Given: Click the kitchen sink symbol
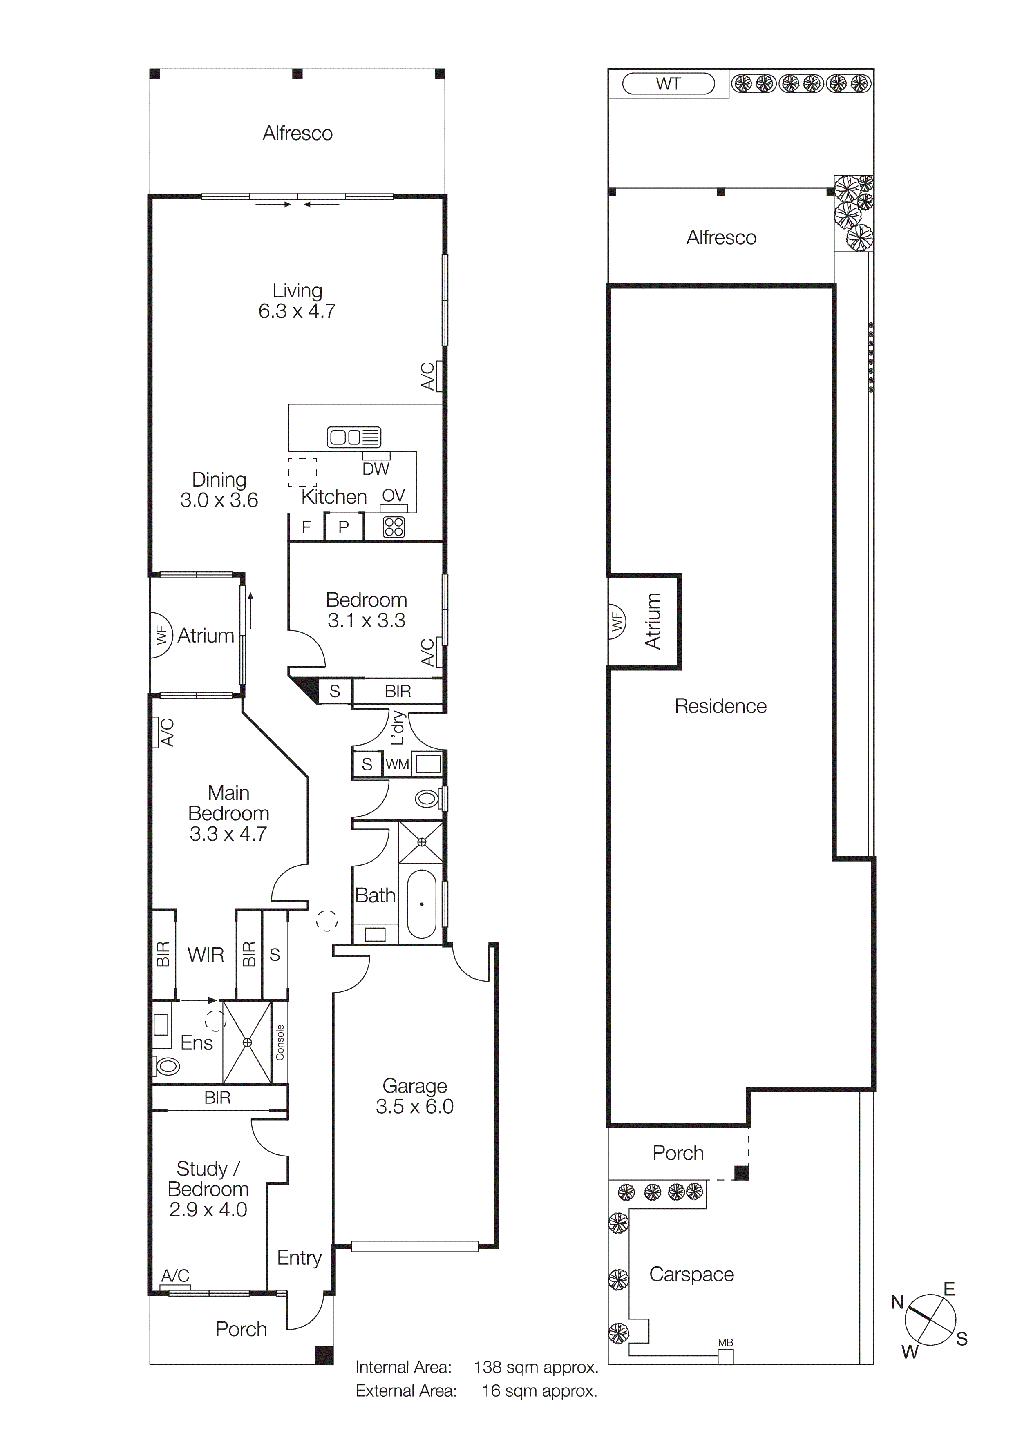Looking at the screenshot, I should pos(354,437).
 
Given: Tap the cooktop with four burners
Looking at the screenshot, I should pos(394,527).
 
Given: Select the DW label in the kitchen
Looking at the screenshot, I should pos(376,469).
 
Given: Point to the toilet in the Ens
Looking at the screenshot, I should pos(167,1067).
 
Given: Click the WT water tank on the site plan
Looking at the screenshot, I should pos(669,84).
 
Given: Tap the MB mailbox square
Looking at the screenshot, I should pos(725,1356).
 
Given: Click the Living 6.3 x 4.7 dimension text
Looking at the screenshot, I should pos(297,311).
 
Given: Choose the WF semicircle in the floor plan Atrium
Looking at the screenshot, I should pos(161,635).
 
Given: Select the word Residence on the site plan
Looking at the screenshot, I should pos(720,706).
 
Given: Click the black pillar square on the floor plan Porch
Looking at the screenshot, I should pos(323,1355).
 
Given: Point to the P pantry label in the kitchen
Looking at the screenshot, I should pos(343,527).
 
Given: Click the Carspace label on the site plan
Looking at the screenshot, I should pos(691,1274).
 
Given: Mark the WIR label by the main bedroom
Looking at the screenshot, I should pos(206,954).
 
